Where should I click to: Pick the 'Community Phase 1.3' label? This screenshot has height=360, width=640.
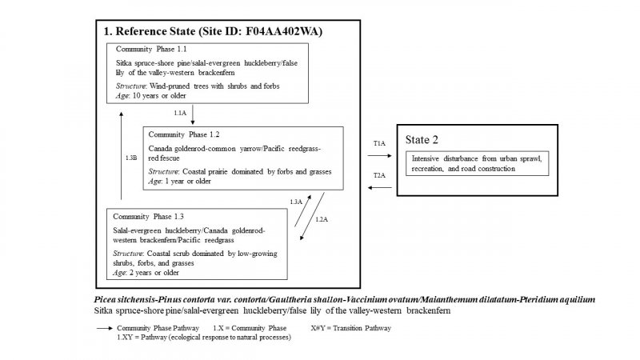click(150, 217)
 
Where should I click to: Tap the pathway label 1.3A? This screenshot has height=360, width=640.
click(296, 201)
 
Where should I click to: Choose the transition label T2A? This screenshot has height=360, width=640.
click(379, 174)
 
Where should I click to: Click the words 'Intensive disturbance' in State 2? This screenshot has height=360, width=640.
click(440, 158)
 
